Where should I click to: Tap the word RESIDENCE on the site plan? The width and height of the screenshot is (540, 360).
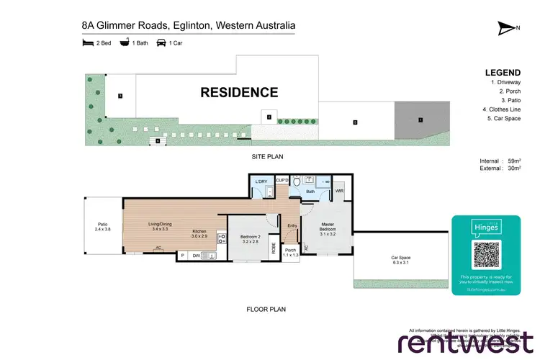click(x=238, y=92)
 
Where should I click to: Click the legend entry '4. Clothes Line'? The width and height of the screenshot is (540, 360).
click(x=501, y=109)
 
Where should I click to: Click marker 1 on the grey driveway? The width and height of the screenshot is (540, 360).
click(x=420, y=120)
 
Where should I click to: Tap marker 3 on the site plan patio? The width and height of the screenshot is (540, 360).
click(x=121, y=95)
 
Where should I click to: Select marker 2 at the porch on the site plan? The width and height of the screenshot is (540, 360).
click(x=268, y=117)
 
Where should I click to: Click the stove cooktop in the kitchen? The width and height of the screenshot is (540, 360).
click(x=222, y=241)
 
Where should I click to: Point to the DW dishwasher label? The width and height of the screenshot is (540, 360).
click(x=195, y=255)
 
